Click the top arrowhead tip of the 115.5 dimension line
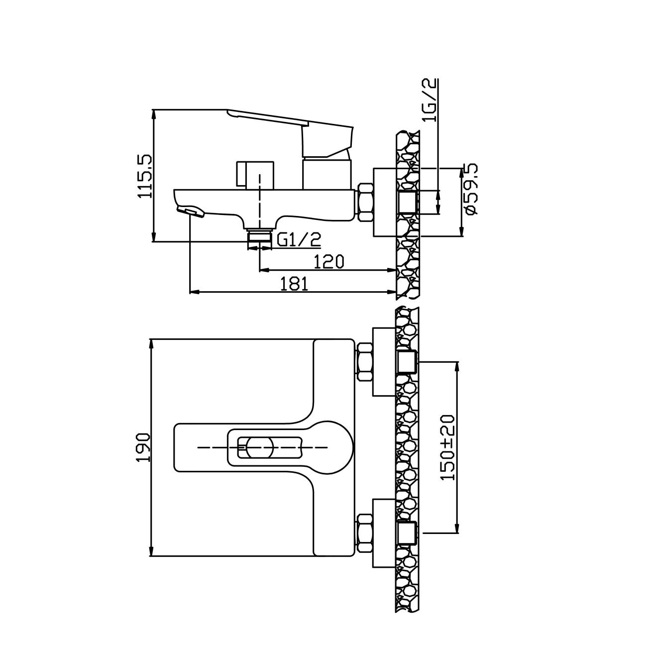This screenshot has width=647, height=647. click(154, 109)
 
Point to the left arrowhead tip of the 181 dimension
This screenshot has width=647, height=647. click(190, 292)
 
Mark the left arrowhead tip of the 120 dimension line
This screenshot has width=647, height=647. click(259, 269)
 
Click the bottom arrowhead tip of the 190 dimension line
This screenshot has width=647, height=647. click(151, 556)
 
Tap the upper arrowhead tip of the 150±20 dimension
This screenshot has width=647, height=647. click(456, 362)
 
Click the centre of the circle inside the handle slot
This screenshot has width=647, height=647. click(260, 447)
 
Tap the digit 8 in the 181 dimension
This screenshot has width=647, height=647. click(295, 284)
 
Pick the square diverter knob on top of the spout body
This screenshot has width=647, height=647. click(255, 174)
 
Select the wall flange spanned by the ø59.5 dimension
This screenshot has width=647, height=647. click(385, 203)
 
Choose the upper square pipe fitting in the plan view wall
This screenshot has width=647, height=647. click(407, 362)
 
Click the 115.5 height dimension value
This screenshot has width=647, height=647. click(145, 176)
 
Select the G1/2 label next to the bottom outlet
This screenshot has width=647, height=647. click(299, 240)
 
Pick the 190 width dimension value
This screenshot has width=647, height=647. click(144, 447)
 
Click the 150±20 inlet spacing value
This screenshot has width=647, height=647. click(448, 447)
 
